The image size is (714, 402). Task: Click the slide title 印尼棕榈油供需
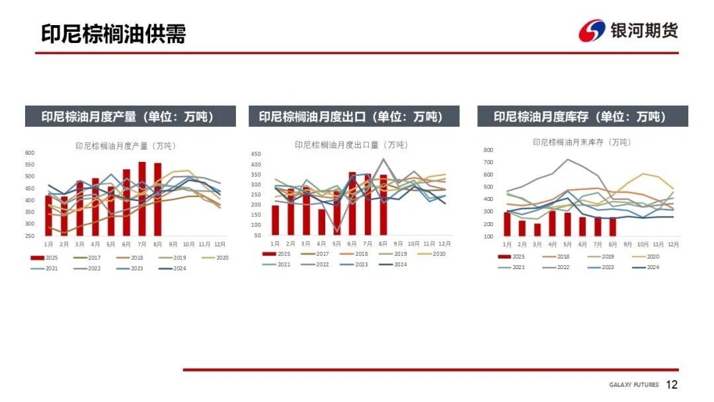click(113, 33)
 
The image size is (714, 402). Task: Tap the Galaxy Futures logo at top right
click(628, 30)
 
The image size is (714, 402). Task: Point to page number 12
click(672, 385)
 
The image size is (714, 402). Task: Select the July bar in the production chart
click(142, 198)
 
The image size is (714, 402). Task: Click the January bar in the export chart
click(275, 220)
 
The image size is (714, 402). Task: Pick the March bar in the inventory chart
click(537, 229)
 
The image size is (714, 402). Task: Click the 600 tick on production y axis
click(30, 153)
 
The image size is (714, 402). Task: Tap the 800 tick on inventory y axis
click(489, 150)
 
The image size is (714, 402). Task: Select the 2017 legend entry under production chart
click(89, 258)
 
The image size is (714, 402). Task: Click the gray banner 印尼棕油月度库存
click(582, 117)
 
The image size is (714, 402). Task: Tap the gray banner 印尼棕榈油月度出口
click(351, 117)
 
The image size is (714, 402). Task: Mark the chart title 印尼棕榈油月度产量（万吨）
click(126, 145)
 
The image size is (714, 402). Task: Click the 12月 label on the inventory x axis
click(673, 245)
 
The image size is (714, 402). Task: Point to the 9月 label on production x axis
click(173, 244)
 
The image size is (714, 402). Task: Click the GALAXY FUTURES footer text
click(633, 385)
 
